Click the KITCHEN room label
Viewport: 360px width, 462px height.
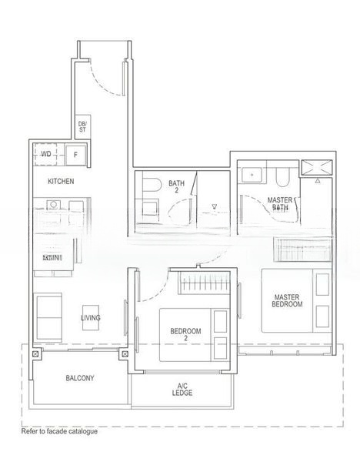coord(61,181)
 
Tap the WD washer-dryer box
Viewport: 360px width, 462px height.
coord(46,154)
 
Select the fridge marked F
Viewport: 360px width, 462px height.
coord(75,155)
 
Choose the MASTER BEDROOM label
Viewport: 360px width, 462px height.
coord(287,300)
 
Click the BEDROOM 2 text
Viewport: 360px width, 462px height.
coord(185,335)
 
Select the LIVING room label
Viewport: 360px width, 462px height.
coord(91,317)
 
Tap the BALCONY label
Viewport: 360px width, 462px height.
coord(80,378)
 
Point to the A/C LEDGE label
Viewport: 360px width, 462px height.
coord(182,389)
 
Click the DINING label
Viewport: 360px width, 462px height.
coord(52,258)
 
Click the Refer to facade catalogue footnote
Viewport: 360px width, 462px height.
coord(59,432)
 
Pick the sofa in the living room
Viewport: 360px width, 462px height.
coord(48,316)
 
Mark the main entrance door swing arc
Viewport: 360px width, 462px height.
coord(104,77)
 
